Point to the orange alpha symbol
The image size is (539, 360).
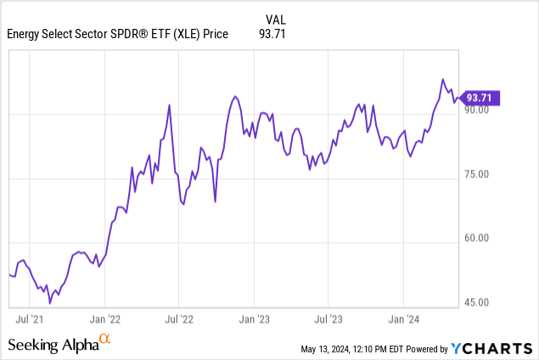click(x=105, y=340)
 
